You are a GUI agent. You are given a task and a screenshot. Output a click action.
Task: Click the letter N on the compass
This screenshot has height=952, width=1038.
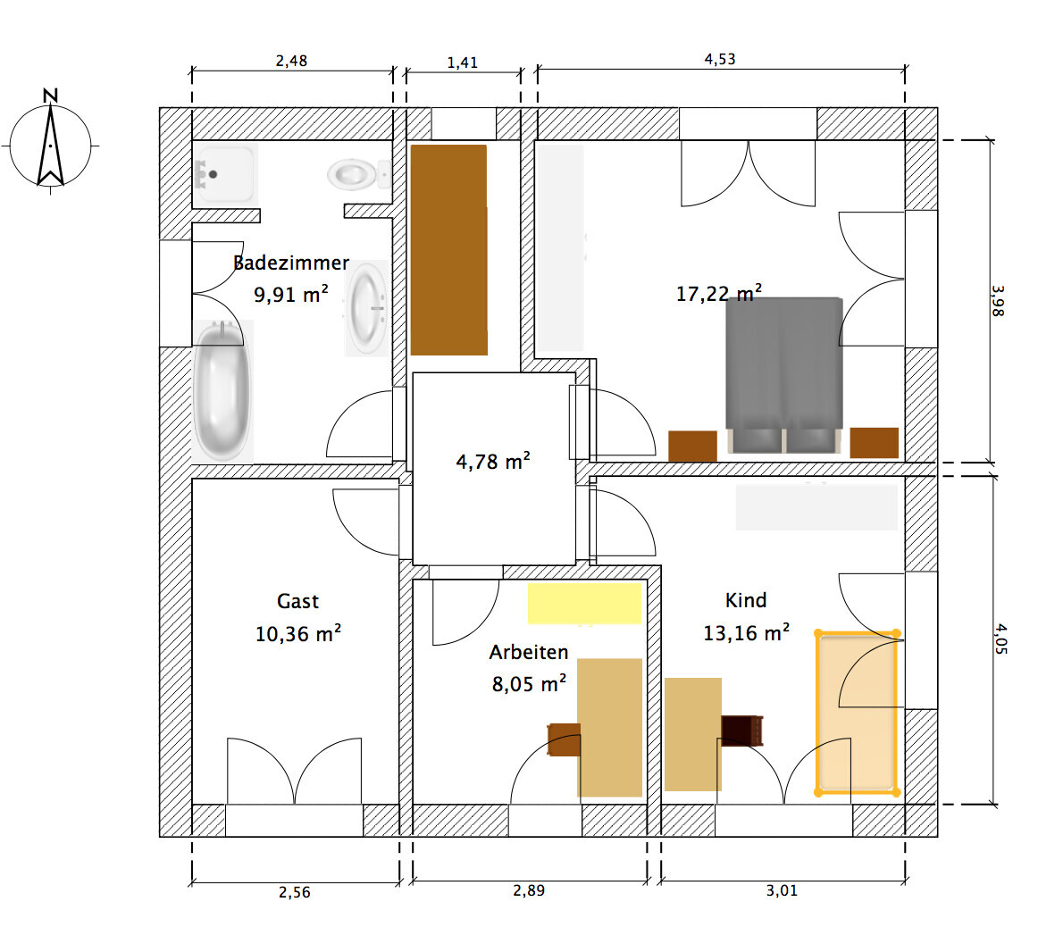pyautogui.click(x=50, y=96)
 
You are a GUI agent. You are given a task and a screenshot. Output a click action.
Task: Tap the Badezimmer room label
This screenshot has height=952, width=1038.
pyautogui.click(x=291, y=263)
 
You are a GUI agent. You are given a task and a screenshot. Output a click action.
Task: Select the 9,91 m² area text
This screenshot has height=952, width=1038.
pyautogui.click(x=291, y=294)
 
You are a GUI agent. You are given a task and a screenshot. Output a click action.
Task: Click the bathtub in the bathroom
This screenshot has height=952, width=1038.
pyautogui.click(x=222, y=390)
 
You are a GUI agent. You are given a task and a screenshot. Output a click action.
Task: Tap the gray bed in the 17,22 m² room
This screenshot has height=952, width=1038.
pyautogui.click(x=784, y=375)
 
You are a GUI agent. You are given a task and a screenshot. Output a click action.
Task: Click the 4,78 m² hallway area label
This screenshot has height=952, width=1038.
pyautogui.click(x=493, y=462)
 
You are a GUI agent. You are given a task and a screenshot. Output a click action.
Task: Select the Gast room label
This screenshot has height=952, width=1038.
pyautogui.click(x=297, y=601)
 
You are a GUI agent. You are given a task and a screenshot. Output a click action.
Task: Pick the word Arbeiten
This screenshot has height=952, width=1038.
pyautogui.click(x=529, y=652)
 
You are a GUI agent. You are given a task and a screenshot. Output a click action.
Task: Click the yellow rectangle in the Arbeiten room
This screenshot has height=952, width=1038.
pyautogui.click(x=584, y=603)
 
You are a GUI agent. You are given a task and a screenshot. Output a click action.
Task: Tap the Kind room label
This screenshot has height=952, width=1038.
pyautogui.click(x=746, y=600)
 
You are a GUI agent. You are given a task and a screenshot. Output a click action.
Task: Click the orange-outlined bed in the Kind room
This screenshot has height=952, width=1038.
pyautogui.click(x=858, y=713)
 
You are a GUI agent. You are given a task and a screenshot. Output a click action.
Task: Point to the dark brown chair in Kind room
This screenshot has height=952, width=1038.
pyautogui.click(x=742, y=731)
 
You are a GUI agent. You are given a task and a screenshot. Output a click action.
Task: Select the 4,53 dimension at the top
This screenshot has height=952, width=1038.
pyautogui.click(x=720, y=59)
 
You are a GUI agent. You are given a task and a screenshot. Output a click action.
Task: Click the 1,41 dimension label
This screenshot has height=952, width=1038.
pyautogui.click(x=462, y=63)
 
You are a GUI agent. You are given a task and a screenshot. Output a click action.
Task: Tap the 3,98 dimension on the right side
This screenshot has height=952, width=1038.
pyautogui.click(x=998, y=301)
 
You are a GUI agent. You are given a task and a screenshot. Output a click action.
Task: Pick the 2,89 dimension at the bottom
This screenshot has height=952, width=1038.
pyautogui.click(x=529, y=890)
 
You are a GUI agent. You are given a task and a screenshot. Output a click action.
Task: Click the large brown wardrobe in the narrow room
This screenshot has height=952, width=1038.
pyautogui.click(x=448, y=250)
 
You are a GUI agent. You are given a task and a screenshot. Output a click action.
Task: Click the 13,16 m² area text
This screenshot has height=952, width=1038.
pyautogui.click(x=746, y=633)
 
